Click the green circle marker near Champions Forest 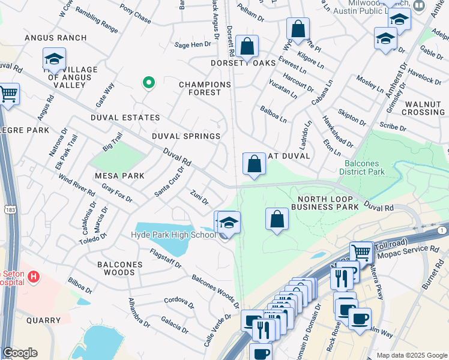point(148,83)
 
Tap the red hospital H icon point(34,277)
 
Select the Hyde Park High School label point(173,235)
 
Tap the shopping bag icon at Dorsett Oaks point(247,46)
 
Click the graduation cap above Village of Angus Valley point(54,59)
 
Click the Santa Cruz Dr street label point(169,182)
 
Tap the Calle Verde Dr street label point(218,325)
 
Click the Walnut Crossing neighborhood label point(423,108)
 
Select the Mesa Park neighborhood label point(119,176)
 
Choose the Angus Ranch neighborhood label point(55,38)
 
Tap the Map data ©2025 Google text point(411,355)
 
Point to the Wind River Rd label point(76,185)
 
